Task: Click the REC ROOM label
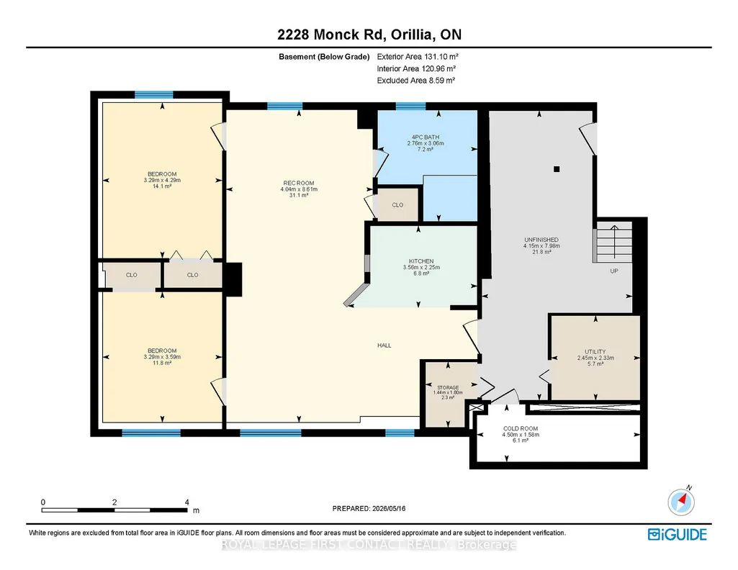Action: [x=299, y=183]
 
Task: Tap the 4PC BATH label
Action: [x=426, y=137]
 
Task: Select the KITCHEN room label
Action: [x=421, y=261]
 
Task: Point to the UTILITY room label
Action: [x=595, y=352]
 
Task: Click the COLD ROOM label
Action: [x=521, y=428]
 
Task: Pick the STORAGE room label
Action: [x=448, y=387]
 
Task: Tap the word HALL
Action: [x=384, y=345]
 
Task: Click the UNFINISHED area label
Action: [x=541, y=240]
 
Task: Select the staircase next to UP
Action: [x=612, y=242]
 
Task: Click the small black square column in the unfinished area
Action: [x=557, y=169]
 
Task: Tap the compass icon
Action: [x=681, y=502]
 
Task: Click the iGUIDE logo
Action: [x=678, y=535]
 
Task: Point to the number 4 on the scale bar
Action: [x=187, y=502]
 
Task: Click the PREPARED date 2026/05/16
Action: [x=389, y=508]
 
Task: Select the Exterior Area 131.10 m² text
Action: [x=418, y=56]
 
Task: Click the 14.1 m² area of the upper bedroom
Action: [x=162, y=186]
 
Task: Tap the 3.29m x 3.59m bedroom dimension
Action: [x=162, y=357]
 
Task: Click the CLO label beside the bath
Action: [x=397, y=205]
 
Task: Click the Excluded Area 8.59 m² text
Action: [x=415, y=81]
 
